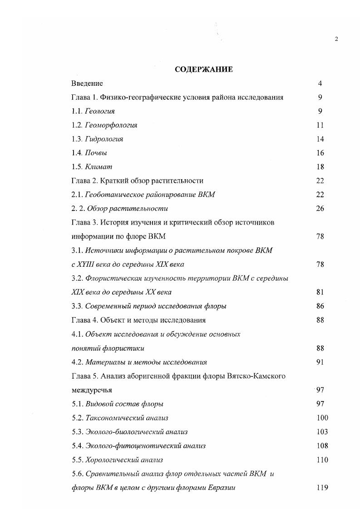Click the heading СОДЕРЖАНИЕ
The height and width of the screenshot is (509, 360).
pos(204,69)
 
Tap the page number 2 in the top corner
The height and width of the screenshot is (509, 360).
pos(336,39)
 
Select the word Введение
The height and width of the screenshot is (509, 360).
pos(87,83)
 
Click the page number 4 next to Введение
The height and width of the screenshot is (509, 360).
pos(320,83)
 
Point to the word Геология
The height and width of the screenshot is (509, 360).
pos(100,111)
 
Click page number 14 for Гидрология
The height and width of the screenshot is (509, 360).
pos(320,139)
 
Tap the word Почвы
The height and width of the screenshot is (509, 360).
pos(96,153)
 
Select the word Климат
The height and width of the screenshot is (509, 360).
pos(99,167)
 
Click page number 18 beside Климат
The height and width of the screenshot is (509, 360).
pos(320,167)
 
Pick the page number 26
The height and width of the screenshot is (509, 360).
pos(320,209)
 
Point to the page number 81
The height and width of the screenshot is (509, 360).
pos(320,292)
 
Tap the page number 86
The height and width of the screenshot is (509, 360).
pos(320,306)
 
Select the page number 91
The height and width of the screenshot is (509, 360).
pos(320,362)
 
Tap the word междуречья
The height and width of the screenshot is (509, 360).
pos(92,390)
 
